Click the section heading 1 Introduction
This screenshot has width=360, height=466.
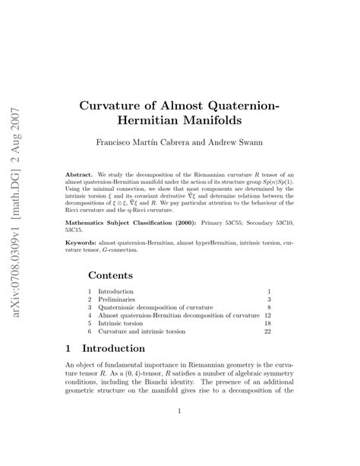coord(105,349)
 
